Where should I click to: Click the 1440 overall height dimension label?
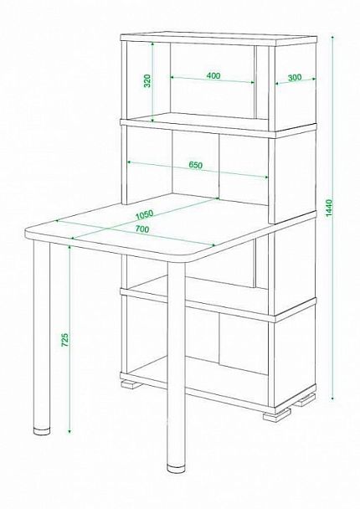point(329,208)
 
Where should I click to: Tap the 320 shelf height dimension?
point(147,81)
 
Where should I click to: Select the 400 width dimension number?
point(213,75)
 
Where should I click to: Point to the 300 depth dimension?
point(295,78)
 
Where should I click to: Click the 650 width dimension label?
point(196,165)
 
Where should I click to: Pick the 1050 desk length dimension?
point(145,214)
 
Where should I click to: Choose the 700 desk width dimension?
point(141,229)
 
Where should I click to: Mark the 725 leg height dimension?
point(65,340)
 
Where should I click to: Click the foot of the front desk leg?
point(176,469)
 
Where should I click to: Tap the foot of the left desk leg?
point(42,432)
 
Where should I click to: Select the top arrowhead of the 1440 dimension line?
point(332,39)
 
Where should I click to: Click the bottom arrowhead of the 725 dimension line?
point(69,430)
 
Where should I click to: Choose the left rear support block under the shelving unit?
point(131,384)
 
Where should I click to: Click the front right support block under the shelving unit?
point(277,415)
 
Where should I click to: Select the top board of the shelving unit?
point(219,39)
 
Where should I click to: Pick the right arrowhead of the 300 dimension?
point(313,79)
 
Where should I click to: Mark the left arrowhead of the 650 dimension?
point(130,162)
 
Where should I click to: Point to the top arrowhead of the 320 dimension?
point(152,44)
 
